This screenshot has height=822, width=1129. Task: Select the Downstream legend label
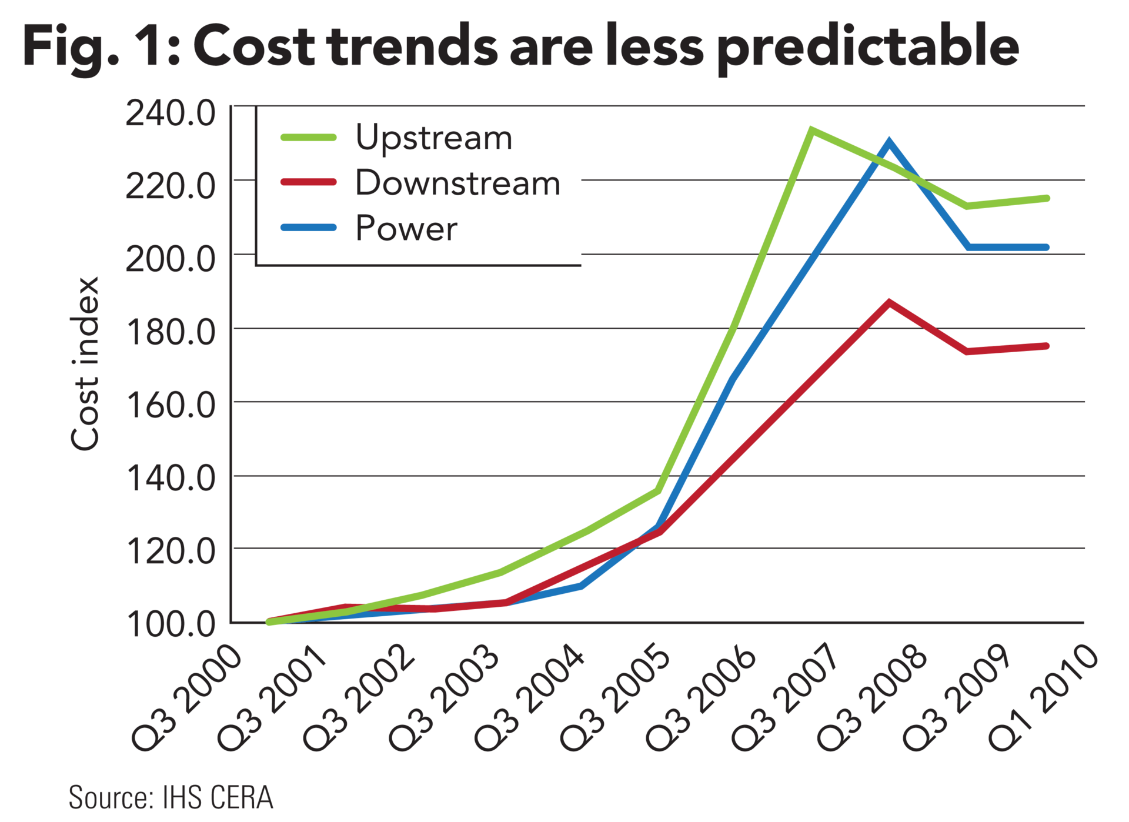tap(457, 183)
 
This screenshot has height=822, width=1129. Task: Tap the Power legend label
tap(406, 228)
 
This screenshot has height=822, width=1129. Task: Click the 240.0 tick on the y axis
tap(171, 113)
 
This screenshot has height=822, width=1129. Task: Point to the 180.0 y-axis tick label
tap(171, 333)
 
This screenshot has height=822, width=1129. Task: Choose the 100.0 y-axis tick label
tap(171, 624)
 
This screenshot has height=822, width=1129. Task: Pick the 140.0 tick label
tap(171, 479)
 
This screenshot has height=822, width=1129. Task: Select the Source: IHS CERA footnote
tap(171, 798)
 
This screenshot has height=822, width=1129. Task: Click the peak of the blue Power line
tap(888, 142)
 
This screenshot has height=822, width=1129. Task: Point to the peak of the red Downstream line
tap(890, 302)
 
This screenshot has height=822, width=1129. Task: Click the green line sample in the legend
tap(308, 138)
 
